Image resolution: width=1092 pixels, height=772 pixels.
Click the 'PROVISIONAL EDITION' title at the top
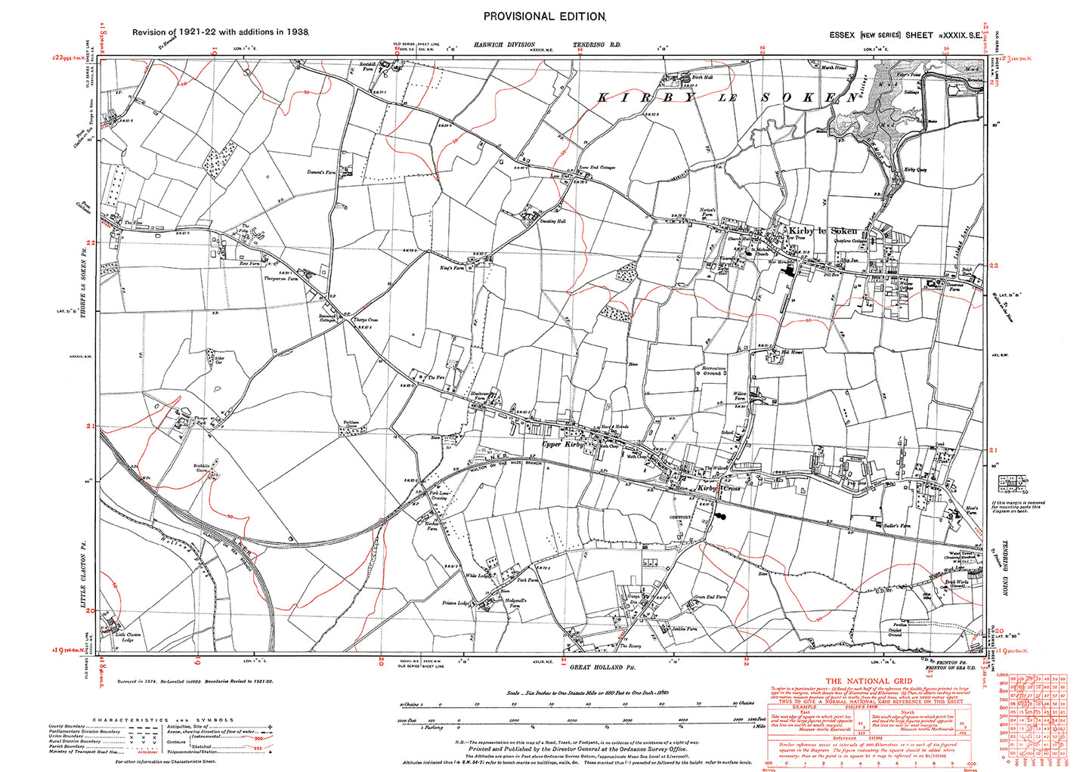(543, 16)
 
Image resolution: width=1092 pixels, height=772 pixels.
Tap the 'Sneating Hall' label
(551, 221)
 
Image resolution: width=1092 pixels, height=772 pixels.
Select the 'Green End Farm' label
(710, 598)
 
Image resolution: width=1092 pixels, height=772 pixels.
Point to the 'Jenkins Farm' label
(684, 628)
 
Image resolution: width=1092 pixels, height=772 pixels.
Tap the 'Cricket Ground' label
(894, 631)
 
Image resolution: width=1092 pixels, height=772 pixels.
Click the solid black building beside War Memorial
(790, 270)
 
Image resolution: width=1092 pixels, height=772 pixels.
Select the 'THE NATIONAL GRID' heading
(854, 681)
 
